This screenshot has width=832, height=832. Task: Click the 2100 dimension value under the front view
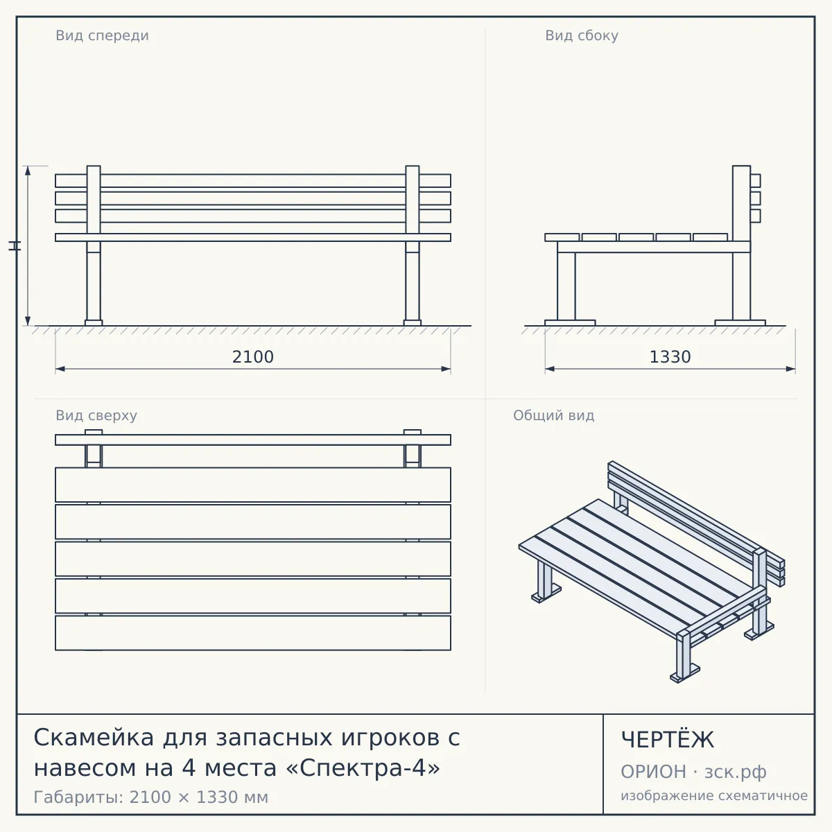point(252,357)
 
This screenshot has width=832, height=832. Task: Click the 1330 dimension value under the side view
point(670,357)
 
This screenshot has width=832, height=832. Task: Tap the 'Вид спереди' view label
point(103,35)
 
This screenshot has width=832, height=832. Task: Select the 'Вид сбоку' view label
point(582,35)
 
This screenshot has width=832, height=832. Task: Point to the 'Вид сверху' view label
point(96,415)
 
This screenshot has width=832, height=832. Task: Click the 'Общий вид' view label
point(553,415)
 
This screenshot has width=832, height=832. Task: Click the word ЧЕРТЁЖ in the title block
point(668,740)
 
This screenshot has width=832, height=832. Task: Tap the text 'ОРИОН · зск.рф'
point(693,772)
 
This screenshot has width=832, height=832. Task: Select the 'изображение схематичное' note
point(714,796)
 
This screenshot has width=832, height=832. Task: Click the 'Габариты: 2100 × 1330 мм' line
point(151,797)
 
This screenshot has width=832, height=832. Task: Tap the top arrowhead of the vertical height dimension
point(28,170)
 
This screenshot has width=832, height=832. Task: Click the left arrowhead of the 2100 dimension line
point(60,369)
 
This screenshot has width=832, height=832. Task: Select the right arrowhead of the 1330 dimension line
point(790,369)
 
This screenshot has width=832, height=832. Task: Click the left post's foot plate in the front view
point(94,323)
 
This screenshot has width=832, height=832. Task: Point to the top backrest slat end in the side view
point(756,180)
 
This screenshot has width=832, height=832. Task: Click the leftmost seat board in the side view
point(562,238)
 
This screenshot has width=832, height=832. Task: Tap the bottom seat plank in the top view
point(253,633)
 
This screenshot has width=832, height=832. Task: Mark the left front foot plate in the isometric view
point(546,594)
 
